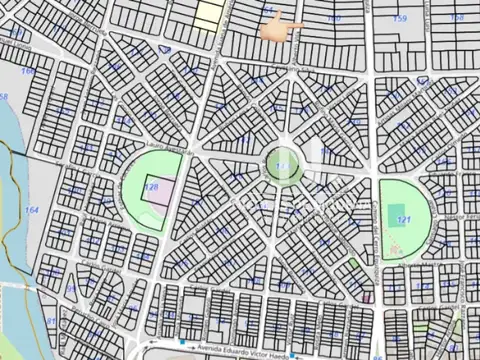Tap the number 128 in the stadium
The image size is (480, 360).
click(152, 187)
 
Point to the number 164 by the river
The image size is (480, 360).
click(32, 210)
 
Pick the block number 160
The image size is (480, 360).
click(333, 19)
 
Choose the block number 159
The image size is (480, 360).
click(400, 19)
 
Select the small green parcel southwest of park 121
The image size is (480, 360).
click(353, 265)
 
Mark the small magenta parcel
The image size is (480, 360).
click(367, 296)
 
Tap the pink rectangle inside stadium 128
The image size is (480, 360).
click(155, 198)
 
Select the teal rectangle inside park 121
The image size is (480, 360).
click(398, 210)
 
